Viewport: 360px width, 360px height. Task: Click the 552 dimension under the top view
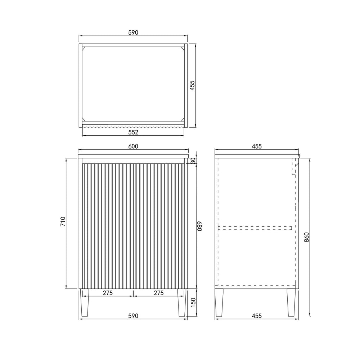[x=133, y=132]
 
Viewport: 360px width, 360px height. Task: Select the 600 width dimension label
[x=133, y=146]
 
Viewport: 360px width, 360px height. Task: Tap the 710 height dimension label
[x=63, y=221]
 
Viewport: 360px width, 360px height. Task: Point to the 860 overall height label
[x=307, y=237]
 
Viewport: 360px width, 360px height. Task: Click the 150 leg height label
[x=193, y=302]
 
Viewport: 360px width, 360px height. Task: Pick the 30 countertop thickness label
[x=193, y=161]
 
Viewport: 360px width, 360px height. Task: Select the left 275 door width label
[x=108, y=293]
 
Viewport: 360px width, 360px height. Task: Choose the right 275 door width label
[x=159, y=293]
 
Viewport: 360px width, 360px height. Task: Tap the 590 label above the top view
[x=133, y=33]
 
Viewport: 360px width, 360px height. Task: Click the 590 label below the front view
[x=133, y=316]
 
